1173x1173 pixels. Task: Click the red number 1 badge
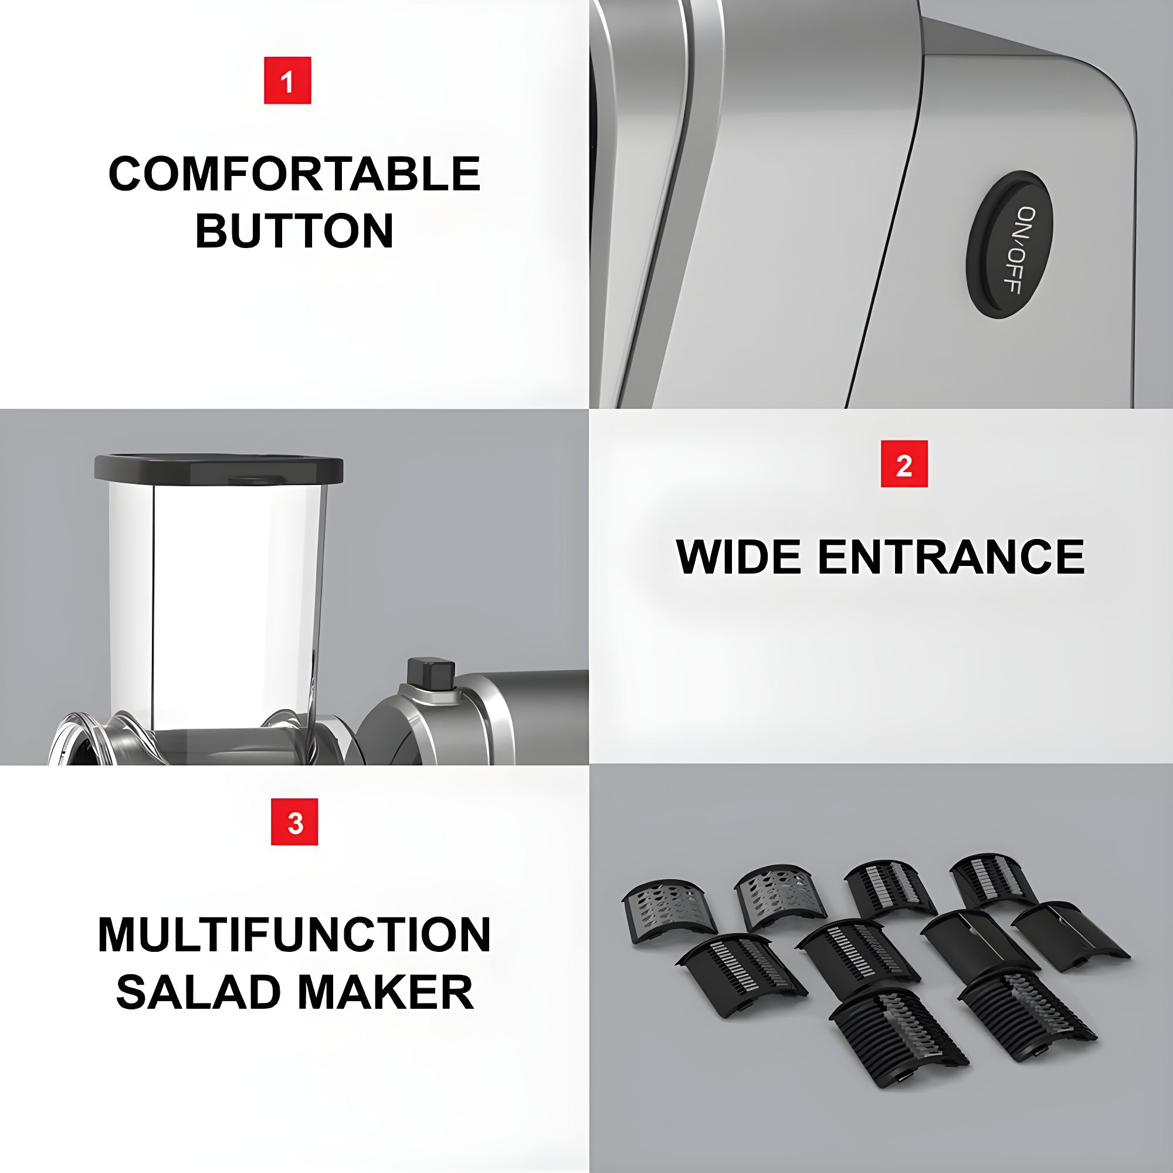coord(287,80)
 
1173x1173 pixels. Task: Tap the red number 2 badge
coord(904,464)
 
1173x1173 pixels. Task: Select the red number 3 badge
coord(294,822)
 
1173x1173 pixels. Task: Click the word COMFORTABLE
coord(294,174)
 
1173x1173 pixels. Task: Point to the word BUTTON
coord(294,230)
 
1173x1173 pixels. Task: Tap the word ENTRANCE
coord(951,557)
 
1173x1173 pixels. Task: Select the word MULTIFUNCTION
coord(294,935)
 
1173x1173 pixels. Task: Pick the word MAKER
coord(386,993)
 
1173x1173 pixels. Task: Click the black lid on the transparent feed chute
coord(219,469)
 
